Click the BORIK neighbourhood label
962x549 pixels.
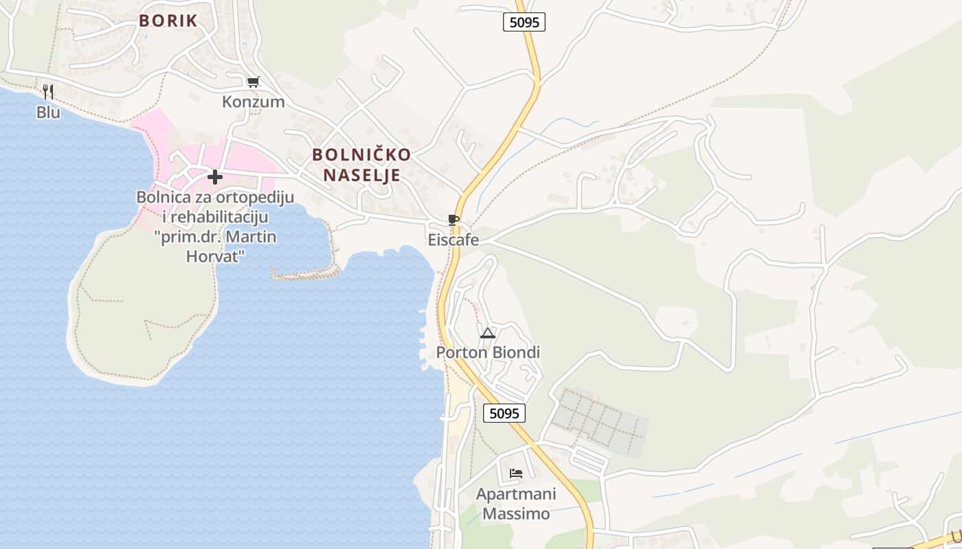[168, 21]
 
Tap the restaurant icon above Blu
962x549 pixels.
[48, 91]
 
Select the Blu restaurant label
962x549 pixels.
[48, 113]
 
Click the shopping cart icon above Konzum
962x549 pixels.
[253, 82]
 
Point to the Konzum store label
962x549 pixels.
[253, 102]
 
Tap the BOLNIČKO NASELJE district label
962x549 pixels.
[361, 165]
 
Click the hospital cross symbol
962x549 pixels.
[215, 177]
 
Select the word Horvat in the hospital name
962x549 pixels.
[216, 257]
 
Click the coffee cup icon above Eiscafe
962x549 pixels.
[453, 220]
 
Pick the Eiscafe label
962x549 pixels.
[453, 240]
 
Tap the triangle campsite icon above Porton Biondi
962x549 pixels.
[488, 334]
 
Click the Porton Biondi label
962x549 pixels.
[488, 353]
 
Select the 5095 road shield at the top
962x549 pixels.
[524, 22]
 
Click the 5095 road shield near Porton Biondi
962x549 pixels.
[504, 413]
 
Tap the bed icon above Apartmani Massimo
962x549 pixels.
[516, 474]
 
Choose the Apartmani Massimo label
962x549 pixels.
[516, 504]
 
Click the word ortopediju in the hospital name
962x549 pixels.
[254, 198]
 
